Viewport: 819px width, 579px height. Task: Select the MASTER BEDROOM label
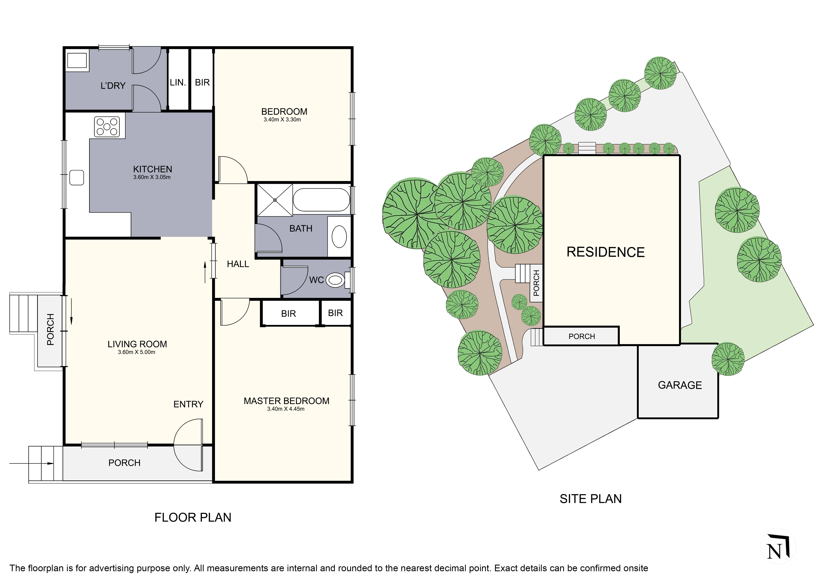[286, 401]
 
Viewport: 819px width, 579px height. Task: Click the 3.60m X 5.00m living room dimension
[137, 352]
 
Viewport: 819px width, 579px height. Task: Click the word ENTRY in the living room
[188, 404]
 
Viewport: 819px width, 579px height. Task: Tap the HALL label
[238, 264]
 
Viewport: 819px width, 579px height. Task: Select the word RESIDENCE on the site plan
[606, 252]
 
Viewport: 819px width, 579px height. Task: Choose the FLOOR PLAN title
[193, 517]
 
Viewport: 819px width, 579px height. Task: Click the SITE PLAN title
[591, 499]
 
